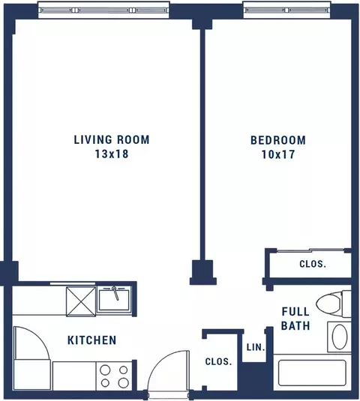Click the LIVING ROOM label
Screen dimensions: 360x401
click(x=112, y=140)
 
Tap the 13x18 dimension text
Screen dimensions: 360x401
click(x=112, y=154)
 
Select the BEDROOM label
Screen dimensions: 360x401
click(x=278, y=140)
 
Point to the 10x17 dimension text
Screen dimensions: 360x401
click(x=278, y=154)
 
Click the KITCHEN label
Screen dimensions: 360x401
click(x=91, y=340)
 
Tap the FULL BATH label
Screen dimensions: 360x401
click(x=295, y=319)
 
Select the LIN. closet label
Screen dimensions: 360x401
click(x=256, y=347)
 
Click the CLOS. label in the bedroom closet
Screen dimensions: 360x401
click(x=313, y=264)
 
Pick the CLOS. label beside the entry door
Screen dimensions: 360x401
click(x=218, y=361)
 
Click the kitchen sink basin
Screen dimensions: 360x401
click(x=114, y=300)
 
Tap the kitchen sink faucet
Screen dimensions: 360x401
click(x=115, y=293)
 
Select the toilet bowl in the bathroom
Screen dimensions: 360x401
click(x=328, y=304)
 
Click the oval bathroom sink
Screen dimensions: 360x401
click(x=340, y=337)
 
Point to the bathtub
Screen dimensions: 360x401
click(x=312, y=373)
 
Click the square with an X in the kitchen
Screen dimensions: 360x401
click(x=81, y=301)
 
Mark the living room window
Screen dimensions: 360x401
click(x=103, y=10)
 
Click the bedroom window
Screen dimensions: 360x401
click(x=286, y=10)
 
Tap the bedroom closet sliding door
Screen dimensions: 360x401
click(x=310, y=250)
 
